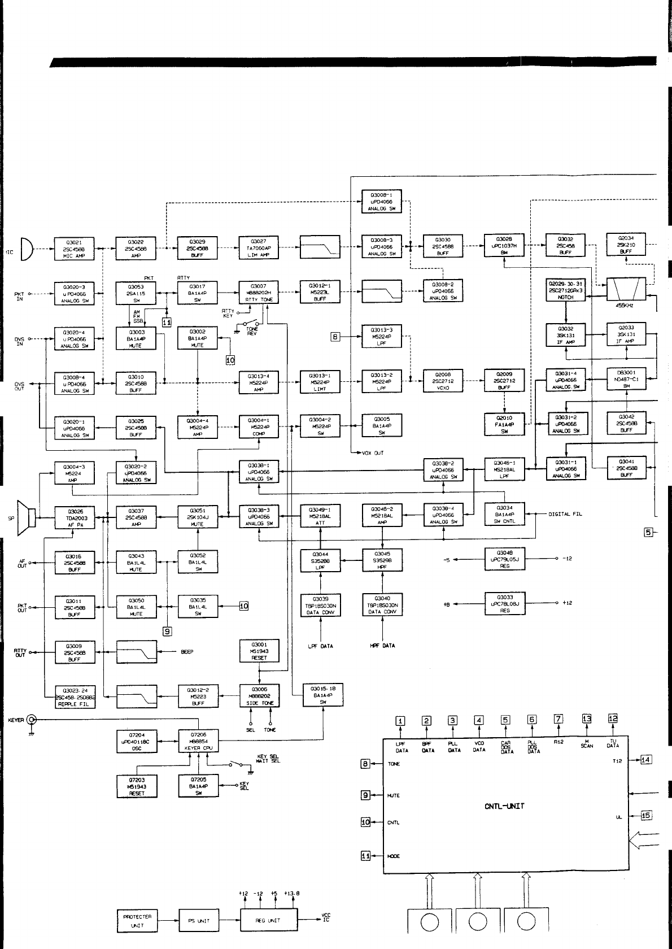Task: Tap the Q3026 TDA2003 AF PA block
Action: pos(74,517)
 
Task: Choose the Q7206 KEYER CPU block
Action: pos(198,741)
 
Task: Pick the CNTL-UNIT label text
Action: pos(504,806)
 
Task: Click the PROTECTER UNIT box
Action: pos(137,921)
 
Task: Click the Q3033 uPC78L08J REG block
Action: pos(504,603)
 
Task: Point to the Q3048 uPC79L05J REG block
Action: pos(504,559)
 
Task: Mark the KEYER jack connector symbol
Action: pos(32,719)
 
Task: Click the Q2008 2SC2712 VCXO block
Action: pos(443,381)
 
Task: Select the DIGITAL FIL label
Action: pos(565,514)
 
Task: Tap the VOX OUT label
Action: pos(373,453)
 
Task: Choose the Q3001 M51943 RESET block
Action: pos(259,651)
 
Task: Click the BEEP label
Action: pos(187,652)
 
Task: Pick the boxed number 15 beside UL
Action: pos(646,815)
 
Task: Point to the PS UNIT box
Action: pos(199,921)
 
